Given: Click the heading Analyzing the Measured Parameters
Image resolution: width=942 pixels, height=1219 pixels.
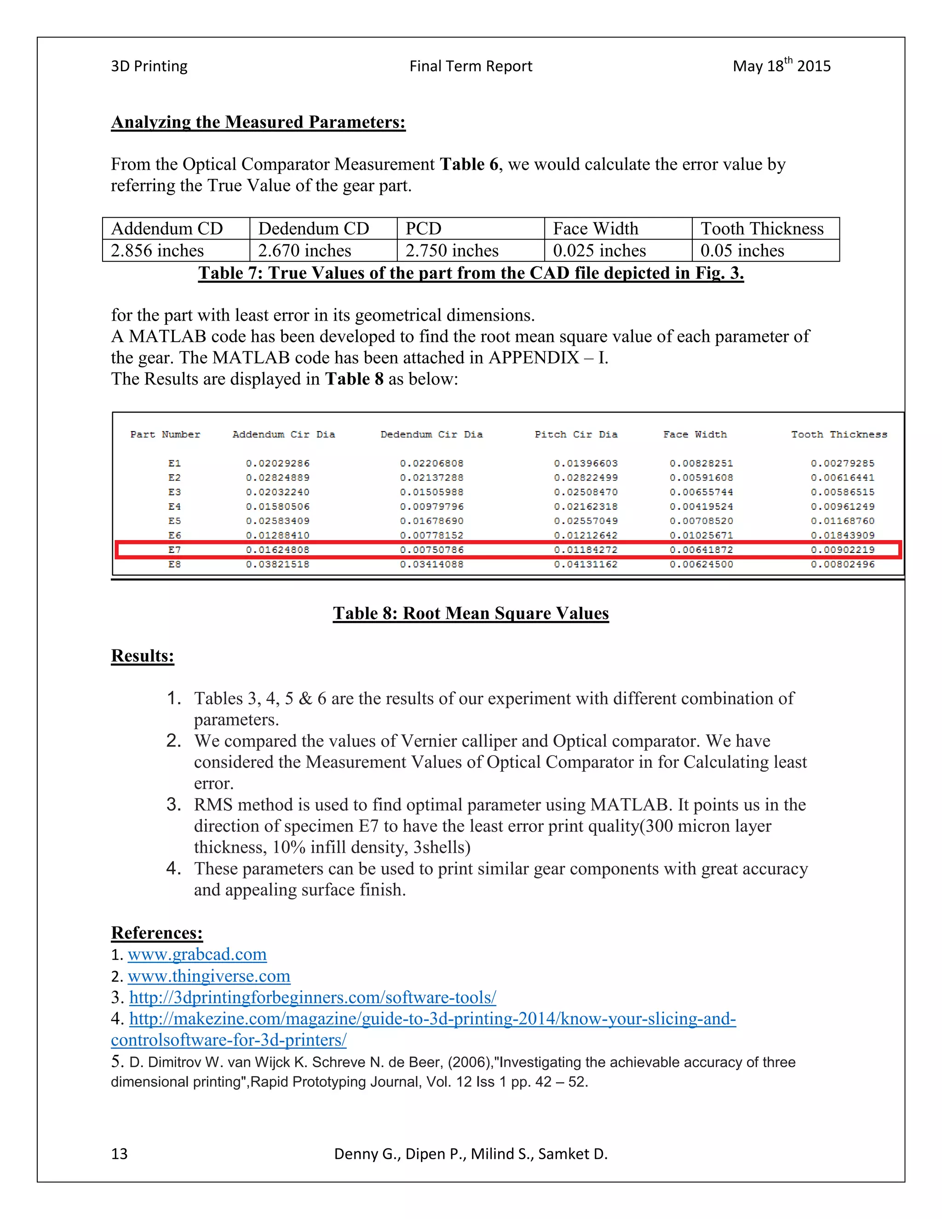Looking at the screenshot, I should (258, 122).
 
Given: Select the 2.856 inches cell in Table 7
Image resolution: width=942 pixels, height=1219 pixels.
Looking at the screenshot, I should (157, 251).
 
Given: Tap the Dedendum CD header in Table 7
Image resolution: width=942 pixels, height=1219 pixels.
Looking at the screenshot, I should (314, 228).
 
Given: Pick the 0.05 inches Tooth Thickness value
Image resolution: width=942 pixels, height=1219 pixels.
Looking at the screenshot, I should (742, 251).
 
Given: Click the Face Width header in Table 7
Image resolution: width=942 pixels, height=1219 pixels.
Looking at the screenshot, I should (596, 228).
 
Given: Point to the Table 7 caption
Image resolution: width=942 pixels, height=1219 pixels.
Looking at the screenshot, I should (471, 273).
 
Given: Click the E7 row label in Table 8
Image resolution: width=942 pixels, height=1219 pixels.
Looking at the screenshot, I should (174, 550).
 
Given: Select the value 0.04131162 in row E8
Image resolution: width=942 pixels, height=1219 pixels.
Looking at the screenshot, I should (586, 564).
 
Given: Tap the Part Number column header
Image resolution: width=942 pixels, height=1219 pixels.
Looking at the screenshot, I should (165, 434).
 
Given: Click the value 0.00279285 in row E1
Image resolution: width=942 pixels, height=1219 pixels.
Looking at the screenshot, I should (842, 463).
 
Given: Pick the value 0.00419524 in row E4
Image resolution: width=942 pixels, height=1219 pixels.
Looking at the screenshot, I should (701, 506).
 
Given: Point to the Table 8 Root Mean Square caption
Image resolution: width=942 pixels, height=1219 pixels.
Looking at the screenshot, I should (471, 613).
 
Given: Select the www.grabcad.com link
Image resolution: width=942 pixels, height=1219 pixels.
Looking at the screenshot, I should (197, 954).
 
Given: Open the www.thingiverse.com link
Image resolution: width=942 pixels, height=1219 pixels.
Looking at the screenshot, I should (209, 976).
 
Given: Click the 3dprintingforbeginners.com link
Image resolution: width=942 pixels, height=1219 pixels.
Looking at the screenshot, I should (312, 997).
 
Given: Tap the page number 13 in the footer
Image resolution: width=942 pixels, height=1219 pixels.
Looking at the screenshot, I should (120, 1154).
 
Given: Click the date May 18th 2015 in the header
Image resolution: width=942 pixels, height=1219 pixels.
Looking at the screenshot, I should (781, 66).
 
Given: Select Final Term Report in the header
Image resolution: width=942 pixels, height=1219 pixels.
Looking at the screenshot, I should (471, 66).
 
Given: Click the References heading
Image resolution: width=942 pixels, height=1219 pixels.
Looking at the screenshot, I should (157, 933).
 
